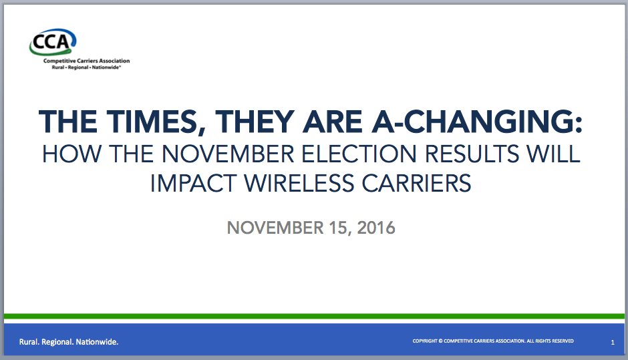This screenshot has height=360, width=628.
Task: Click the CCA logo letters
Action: coord(51,41)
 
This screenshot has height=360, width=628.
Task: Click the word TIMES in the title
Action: coord(156,122)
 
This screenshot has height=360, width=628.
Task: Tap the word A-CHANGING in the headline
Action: coord(477,122)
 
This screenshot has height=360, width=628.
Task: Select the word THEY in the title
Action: coord(255,122)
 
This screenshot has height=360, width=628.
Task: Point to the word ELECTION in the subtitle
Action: coord(359,154)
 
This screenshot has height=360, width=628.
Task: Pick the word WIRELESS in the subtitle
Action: coord(299,184)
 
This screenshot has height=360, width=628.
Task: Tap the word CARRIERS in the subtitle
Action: coord(416,184)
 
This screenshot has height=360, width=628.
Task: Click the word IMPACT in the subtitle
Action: coord(193,184)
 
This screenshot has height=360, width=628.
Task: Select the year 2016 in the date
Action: coord(376,228)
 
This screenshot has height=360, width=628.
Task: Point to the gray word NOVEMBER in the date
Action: coord(275,228)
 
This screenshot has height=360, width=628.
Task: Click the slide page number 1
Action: coord(613,343)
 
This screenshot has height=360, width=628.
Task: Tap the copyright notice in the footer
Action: coord(493,341)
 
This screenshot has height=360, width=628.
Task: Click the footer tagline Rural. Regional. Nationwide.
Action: coord(69,342)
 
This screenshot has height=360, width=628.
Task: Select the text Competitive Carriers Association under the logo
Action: coord(86,61)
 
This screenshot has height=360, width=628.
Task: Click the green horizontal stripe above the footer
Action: coord(314,317)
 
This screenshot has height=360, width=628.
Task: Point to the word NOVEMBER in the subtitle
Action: coord(228,154)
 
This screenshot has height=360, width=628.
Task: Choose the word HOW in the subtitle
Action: coord(71,154)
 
